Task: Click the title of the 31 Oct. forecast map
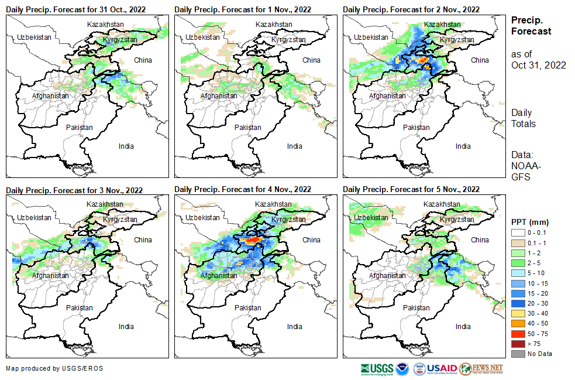(76, 9)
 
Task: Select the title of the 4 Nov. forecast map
(243, 189)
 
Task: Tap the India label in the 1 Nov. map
(295, 146)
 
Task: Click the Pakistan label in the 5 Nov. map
(416, 307)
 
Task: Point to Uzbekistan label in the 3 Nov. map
(33, 217)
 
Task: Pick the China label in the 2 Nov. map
(480, 60)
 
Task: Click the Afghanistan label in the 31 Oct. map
(50, 95)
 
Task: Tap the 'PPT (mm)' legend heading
(530, 222)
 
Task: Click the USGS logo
(377, 369)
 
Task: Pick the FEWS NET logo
(481, 369)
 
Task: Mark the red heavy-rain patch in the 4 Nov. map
(253, 240)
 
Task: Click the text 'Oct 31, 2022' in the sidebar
(539, 65)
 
